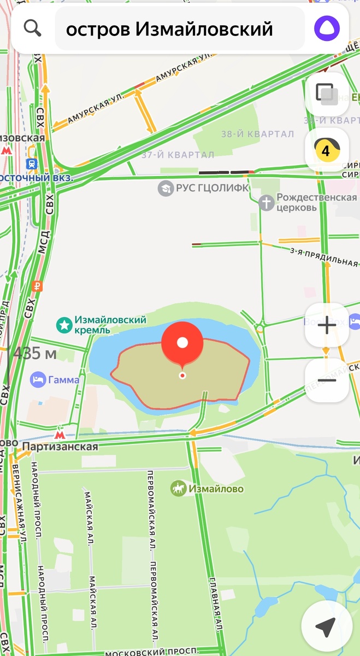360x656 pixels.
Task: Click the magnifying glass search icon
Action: (x=33, y=28)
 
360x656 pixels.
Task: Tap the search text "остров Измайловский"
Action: (x=169, y=29)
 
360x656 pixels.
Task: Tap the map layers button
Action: (x=327, y=94)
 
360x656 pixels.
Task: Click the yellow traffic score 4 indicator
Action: (x=327, y=150)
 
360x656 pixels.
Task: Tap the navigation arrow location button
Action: (x=326, y=628)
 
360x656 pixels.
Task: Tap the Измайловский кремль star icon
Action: (x=64, y=325)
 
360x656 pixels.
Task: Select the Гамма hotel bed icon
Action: (x=38, y=379)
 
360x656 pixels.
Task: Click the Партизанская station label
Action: (x=60, y=447)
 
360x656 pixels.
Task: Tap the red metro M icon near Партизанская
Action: (x=60, y=435)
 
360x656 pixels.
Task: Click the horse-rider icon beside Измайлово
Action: (x=178, y=488)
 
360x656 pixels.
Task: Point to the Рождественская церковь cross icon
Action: (x=266, y=203)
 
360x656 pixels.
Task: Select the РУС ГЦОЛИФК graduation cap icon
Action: (x=165, y=189)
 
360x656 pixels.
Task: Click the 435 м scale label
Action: (x=35, y=353)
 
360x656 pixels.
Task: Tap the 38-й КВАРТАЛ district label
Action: (x=257, y=134)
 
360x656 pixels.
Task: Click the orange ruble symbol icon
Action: (x=38, y=285)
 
